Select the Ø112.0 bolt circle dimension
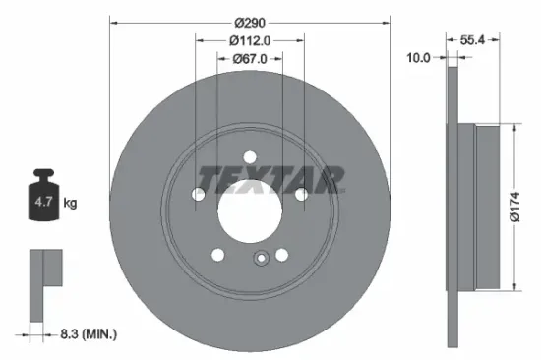(250, 40)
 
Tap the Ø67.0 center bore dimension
(250, 60)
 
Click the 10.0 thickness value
(419, 58)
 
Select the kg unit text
(70, 203)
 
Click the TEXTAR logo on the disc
(271, 178)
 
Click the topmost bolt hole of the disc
(249, 156)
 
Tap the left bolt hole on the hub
(200, 195)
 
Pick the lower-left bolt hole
(217, 255)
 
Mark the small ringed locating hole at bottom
(261, 260)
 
